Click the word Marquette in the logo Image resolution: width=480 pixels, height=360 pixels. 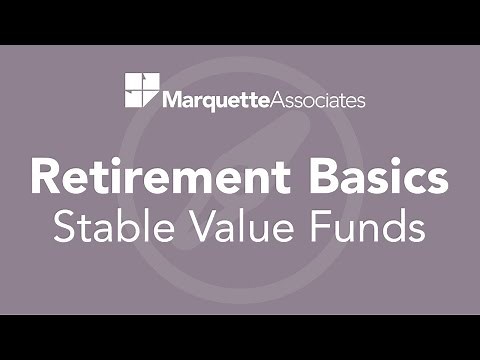[x=219, y=100]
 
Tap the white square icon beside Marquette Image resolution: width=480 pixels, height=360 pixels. [x=141, y=90]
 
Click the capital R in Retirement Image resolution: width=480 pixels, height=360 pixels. [x=46, y=177]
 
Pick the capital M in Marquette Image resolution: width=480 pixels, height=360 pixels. [x=171, y=100]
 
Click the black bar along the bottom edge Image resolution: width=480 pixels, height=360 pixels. [x=240, y=337]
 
